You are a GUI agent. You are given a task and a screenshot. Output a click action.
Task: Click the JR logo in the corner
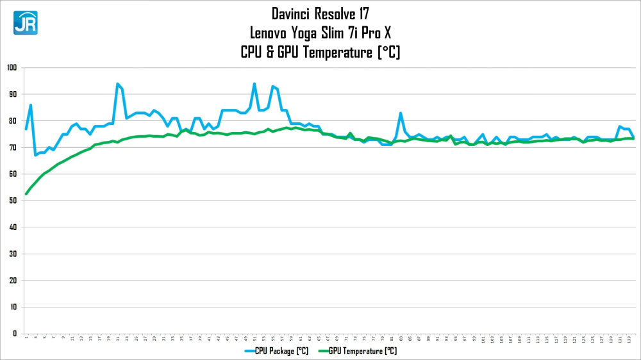point(25,22)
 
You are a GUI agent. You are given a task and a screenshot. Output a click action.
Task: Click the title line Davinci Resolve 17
point(320,13)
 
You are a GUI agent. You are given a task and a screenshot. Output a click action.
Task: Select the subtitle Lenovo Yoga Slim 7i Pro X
point(320,32)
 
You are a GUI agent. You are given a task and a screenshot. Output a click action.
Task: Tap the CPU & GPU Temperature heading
point(320,52)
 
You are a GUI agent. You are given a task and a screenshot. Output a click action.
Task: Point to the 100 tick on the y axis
point(12,68)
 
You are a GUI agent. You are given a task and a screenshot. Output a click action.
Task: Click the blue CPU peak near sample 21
point(117,84)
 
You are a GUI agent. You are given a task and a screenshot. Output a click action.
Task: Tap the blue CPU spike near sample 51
point(254,84)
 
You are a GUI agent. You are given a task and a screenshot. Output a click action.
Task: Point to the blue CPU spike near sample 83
point(401,113)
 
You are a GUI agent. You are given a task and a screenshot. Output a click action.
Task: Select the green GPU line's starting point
point(26,193)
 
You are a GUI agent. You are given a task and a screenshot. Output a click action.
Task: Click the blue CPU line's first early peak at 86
point(31,105)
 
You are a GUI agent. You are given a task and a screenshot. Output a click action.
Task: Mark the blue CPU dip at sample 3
point(35,155)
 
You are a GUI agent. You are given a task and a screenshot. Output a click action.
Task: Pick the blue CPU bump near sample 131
point(620,127)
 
